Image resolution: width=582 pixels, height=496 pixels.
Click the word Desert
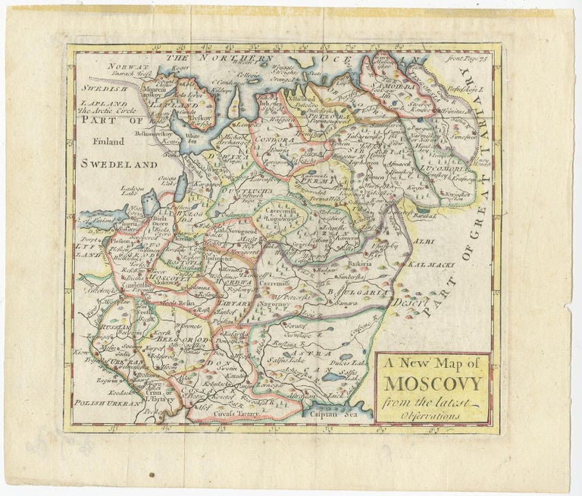[x=405, y=303]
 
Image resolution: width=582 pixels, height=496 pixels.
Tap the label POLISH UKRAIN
[x=108, y=404]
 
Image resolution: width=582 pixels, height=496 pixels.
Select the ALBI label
[x=422, y=242]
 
